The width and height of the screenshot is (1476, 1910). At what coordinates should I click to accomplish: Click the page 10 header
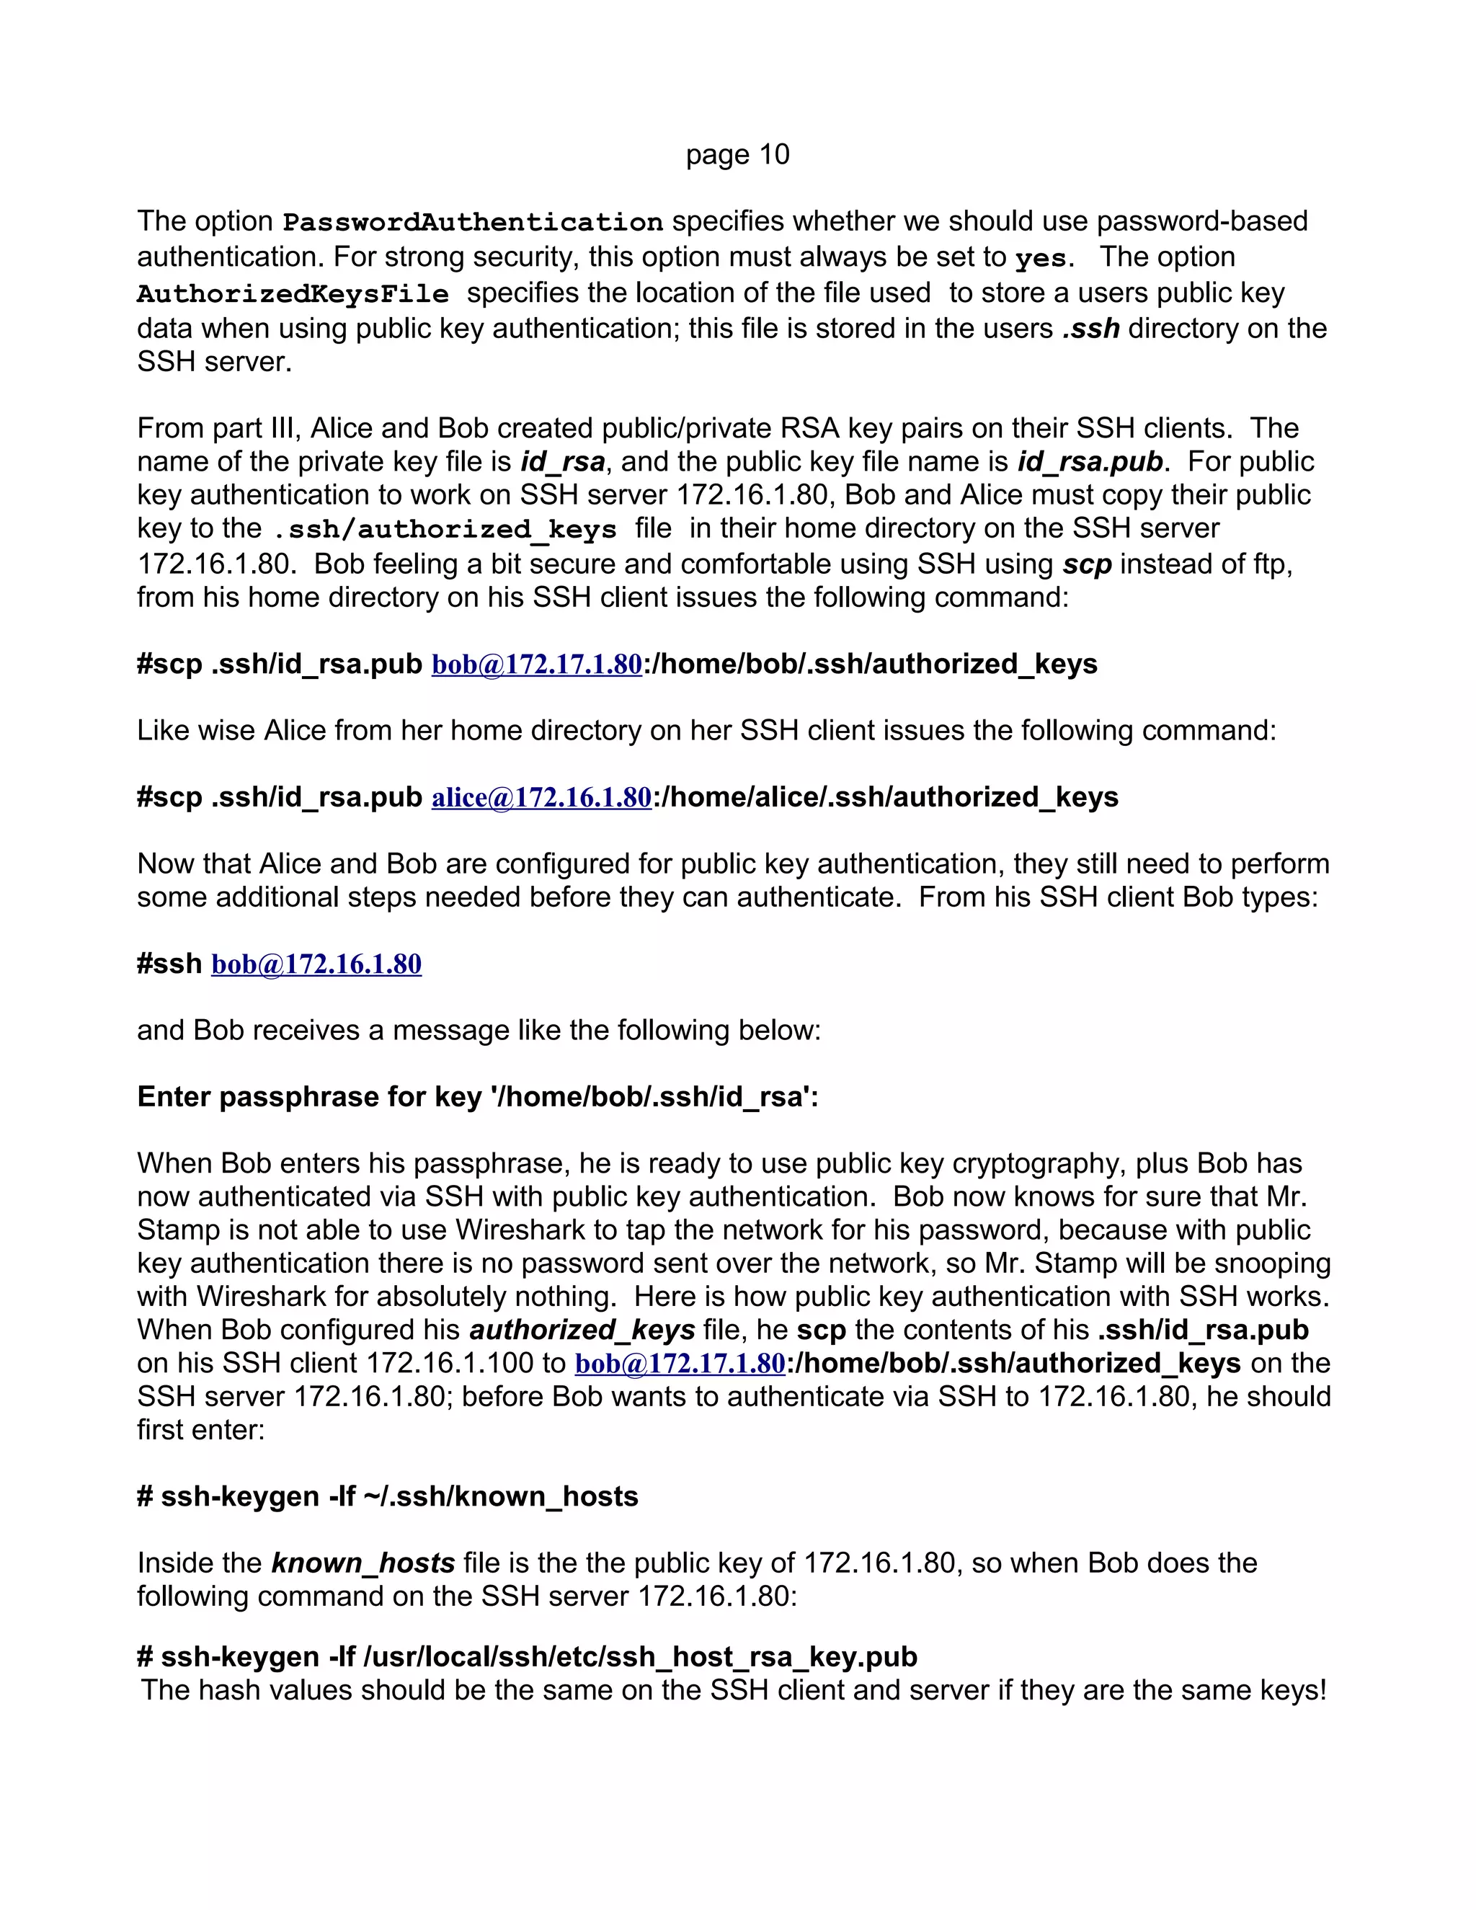pos(737,155)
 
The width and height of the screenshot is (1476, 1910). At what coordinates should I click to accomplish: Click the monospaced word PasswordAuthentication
pos(473,222)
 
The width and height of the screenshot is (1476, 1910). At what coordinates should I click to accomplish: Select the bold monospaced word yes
pos(1040,259)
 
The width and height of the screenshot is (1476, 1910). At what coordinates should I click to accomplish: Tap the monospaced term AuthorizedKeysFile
pos(293,294)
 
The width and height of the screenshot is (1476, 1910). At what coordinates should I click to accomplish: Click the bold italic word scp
pos(1086,564)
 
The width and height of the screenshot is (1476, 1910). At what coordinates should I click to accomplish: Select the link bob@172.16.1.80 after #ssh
pos(316,964)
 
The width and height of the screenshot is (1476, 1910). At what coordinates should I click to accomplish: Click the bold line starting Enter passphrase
pos(477,1097)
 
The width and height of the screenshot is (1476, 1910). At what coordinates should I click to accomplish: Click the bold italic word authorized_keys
pos(582,1331)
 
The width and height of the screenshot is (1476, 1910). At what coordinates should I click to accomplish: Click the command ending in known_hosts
pos(387,1496)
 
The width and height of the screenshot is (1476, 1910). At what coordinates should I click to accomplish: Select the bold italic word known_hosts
pos(363,1563)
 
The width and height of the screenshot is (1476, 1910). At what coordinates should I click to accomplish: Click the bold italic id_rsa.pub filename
pos(1090,462)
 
